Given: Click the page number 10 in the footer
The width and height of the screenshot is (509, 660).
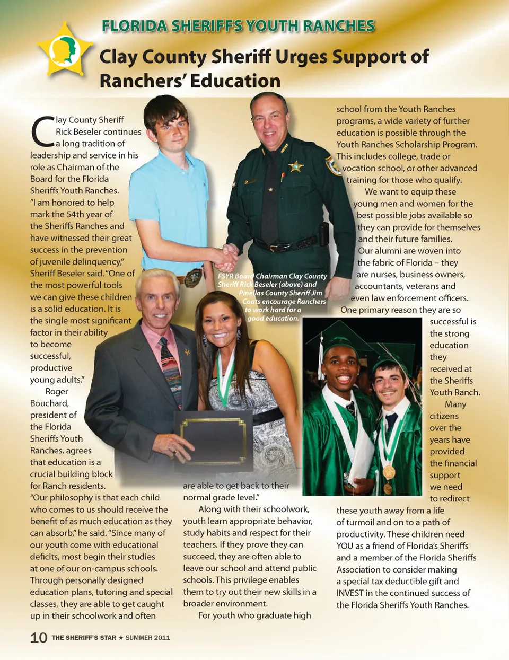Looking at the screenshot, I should click(x=39, y=637).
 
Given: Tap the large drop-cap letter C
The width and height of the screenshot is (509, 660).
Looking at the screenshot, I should click(x=42, y=131).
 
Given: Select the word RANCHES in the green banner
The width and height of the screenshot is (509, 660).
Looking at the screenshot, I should click(x=338, y=26).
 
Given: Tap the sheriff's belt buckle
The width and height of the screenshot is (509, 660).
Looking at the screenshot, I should click(x=273, y=247).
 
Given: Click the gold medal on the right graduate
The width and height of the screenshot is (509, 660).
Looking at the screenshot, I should click(x=389, y=471).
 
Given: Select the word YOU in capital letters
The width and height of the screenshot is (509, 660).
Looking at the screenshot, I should click(x=345, y=546).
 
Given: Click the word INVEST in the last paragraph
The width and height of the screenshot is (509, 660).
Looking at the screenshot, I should click(x=350, y=593).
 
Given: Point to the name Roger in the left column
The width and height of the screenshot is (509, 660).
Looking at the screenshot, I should click(x=57, y=391).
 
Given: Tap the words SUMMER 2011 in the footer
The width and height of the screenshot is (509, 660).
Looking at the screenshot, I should click(x=147, y=638).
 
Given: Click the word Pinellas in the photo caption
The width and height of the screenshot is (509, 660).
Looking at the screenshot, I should click(x=251, y=293).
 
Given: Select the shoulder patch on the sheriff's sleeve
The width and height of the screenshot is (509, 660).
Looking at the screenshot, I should click(x=334, y=165).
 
